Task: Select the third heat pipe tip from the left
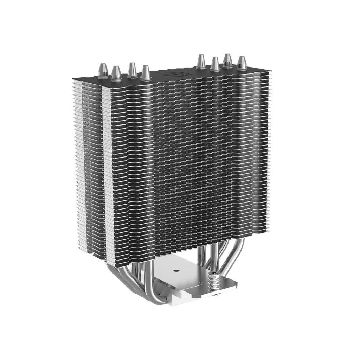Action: pyautogui.click(x=132, y=69)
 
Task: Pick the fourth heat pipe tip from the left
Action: pyautogui.click(x=145, y=72)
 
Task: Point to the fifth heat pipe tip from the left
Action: pyautogui.click(x=201, y=61)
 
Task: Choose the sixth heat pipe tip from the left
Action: pyautogui.click(x=215, y=64)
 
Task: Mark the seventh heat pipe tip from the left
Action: pyautogui.click(x=227, y=60)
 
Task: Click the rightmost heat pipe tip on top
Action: pyautogui.click(x=241, y=63)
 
